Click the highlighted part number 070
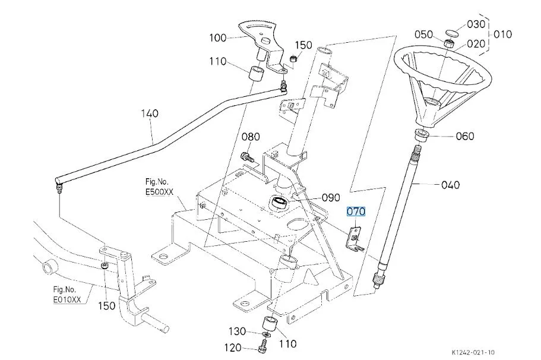tap(356, 211)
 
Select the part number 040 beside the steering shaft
tap(450, 185)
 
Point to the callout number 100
tap(218, 38)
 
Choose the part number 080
tap(250, 137)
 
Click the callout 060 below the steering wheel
tap(464, 137)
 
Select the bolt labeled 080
tap(246, 157)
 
